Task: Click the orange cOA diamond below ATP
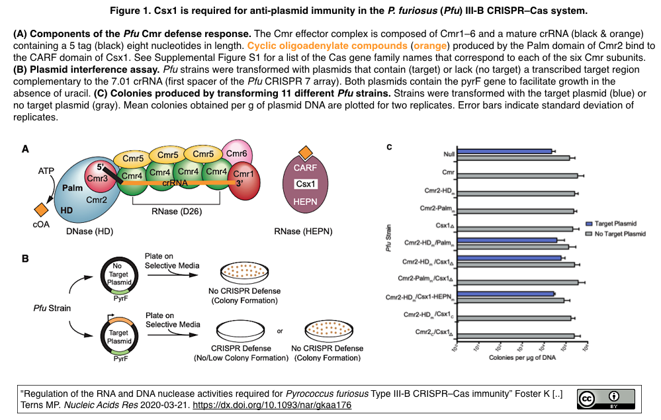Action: (41, 209)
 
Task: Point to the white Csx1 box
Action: (305, 185)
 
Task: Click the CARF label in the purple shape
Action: (305, 169)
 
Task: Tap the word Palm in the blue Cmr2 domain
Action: (72, 189)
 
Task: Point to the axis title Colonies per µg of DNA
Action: (523, 358)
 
